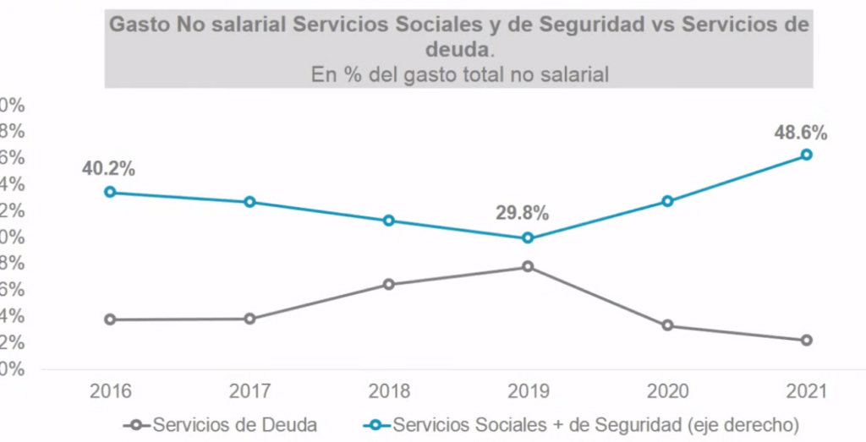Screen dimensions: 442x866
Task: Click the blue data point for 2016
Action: click(110, 192)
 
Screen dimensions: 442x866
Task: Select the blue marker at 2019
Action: click(528, 237)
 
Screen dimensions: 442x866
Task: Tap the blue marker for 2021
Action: click(806, 155)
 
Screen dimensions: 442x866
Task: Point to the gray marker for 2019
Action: click(528, 266)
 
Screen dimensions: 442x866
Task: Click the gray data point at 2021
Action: click(806, 340)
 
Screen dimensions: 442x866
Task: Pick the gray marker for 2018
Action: click(389, 284)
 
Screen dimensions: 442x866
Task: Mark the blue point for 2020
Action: click(667, 201)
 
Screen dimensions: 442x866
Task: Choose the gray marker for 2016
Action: click(110, 319)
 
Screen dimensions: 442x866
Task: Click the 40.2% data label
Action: click(108, 167)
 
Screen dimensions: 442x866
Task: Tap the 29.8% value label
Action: click(523, 212)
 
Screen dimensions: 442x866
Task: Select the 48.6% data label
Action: click(800, 132)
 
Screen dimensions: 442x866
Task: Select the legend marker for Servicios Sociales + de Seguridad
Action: click(379, 424)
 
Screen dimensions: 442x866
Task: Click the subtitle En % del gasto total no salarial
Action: click(460, 74)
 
